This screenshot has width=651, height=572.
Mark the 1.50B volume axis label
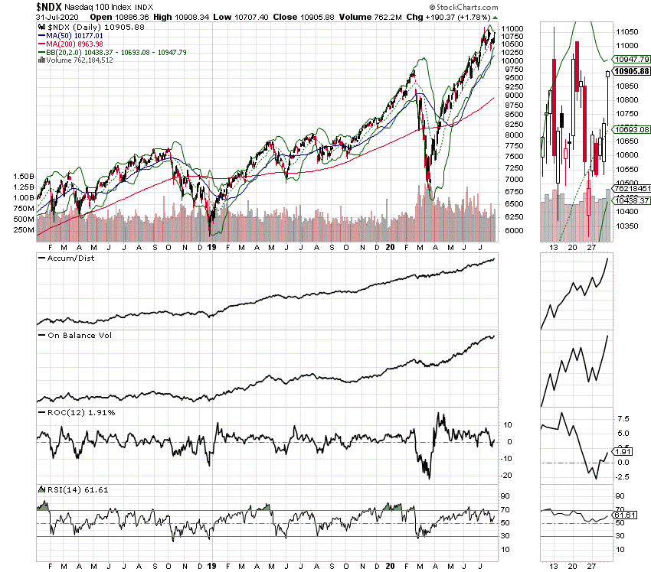click(23, 176)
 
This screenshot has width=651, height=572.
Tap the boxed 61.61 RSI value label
click(625, 515)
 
